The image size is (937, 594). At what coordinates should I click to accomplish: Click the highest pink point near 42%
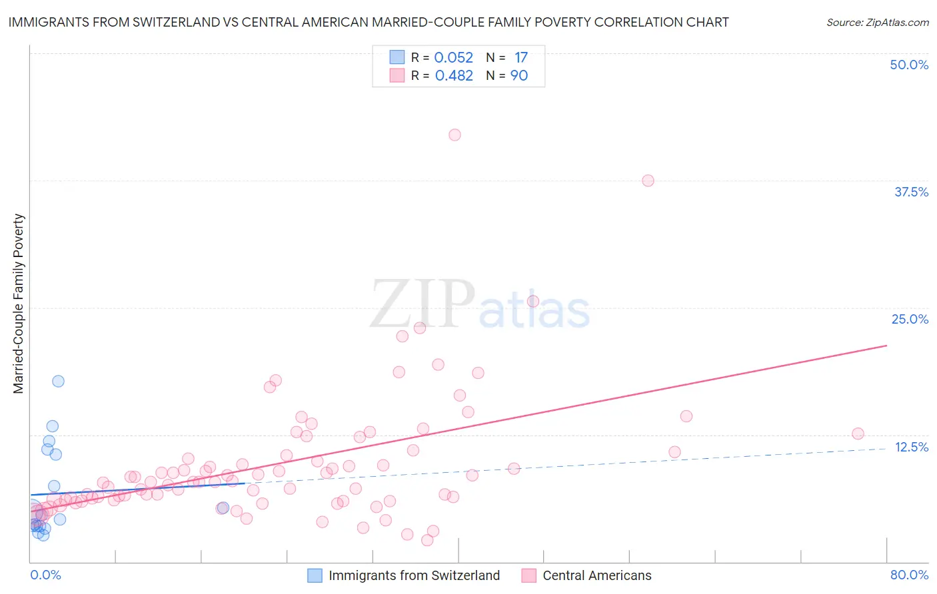point(455,135)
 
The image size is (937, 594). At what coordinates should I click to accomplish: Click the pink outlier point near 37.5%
point(648,180)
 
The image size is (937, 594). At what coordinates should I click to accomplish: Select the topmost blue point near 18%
point(58,381)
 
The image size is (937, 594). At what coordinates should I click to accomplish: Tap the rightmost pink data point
point(858,434)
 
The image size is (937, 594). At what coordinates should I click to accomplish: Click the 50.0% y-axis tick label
point(909,65)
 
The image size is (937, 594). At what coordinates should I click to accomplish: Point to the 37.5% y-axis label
point(911,192)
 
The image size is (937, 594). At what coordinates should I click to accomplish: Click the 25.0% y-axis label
point(910,319)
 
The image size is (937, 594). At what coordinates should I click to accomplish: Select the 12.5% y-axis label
point(911,447)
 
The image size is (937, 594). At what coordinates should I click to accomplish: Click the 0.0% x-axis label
point(45,575)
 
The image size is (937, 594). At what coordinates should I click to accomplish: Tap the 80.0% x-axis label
point(909,575)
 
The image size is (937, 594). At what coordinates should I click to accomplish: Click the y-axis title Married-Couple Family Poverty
point(19,304)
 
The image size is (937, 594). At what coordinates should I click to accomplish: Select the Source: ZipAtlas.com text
point(877,22)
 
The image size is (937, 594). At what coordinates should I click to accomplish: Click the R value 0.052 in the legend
point(453,58)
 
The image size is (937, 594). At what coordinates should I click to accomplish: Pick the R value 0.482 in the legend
point(454,76)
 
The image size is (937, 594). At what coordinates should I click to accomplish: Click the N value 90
point(519,76)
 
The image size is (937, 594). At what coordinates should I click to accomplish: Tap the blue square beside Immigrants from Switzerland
point(315,575)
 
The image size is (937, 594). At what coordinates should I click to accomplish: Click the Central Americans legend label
point(597,575)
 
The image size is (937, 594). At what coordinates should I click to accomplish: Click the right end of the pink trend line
point(886,346)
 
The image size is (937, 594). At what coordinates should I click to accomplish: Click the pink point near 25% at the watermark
point(533,301)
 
